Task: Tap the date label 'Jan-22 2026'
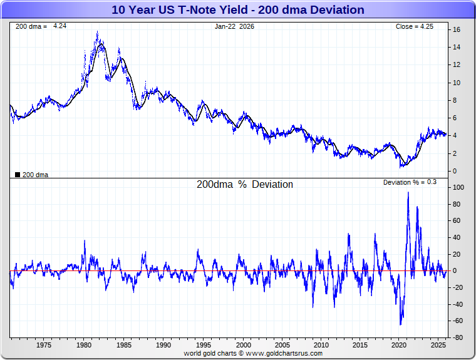pos(235,26)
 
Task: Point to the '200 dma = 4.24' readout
pos(39,26)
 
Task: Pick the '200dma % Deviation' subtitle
pos(245,185)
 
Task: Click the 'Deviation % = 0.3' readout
pos(410,182)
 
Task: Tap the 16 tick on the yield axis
pos(457,29)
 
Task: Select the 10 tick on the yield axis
pos(457,83)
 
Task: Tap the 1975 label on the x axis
pos(43,345)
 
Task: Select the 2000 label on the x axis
pos(243,345)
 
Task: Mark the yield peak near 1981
pos(97,32)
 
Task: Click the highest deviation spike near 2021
pos(408,192)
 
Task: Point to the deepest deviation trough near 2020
pos(400,324)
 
